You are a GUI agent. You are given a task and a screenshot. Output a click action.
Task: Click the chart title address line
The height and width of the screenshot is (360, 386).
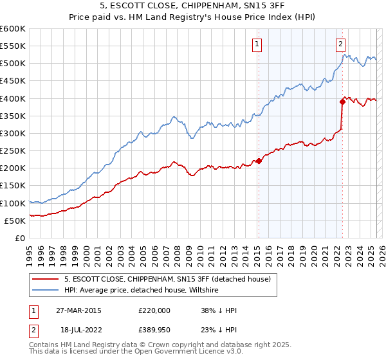tap(193, 7)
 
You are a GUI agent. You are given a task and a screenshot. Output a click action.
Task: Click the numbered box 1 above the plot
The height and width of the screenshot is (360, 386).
tap(257, 44)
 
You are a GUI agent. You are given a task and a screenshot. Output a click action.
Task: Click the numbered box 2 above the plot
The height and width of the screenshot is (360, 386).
tap(340, 44)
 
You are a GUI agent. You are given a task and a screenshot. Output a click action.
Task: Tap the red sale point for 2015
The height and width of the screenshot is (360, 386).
tap(259, 161)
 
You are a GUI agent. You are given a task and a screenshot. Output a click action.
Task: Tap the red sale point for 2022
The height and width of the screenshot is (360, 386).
tap(342, 102)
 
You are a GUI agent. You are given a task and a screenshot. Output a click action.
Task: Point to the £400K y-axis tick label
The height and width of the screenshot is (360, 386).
tap(13, 98)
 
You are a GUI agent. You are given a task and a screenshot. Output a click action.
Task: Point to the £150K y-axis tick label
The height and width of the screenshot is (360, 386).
tap(13, 186)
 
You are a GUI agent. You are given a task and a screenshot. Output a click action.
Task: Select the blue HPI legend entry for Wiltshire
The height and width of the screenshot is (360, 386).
tap(142, 290)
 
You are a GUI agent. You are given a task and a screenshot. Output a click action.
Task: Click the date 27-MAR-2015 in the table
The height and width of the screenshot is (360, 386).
tap(78, 310)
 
